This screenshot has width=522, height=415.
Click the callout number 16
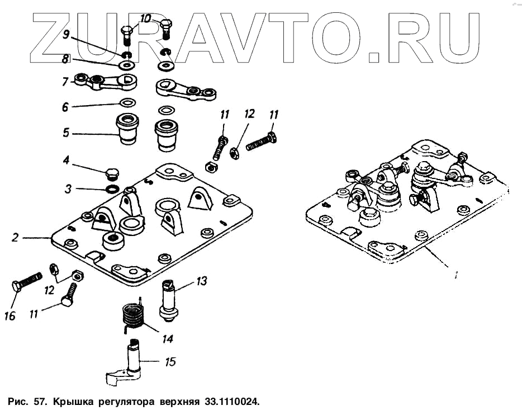[10, 315]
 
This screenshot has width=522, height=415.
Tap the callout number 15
[170, 362]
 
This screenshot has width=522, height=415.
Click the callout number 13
[201, 281]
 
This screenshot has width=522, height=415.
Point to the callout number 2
[15, 238]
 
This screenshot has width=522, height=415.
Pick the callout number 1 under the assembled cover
[455, 275]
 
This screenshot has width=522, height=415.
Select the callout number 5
[66, 133]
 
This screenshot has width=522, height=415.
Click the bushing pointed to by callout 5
[127, 130]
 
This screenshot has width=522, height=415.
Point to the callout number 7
[65, 82]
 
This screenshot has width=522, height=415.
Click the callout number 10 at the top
[145, 18]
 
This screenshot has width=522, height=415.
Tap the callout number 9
[66, 34]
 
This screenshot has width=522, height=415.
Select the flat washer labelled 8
[127, 64]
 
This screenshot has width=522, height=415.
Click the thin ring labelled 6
[127, 102]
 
